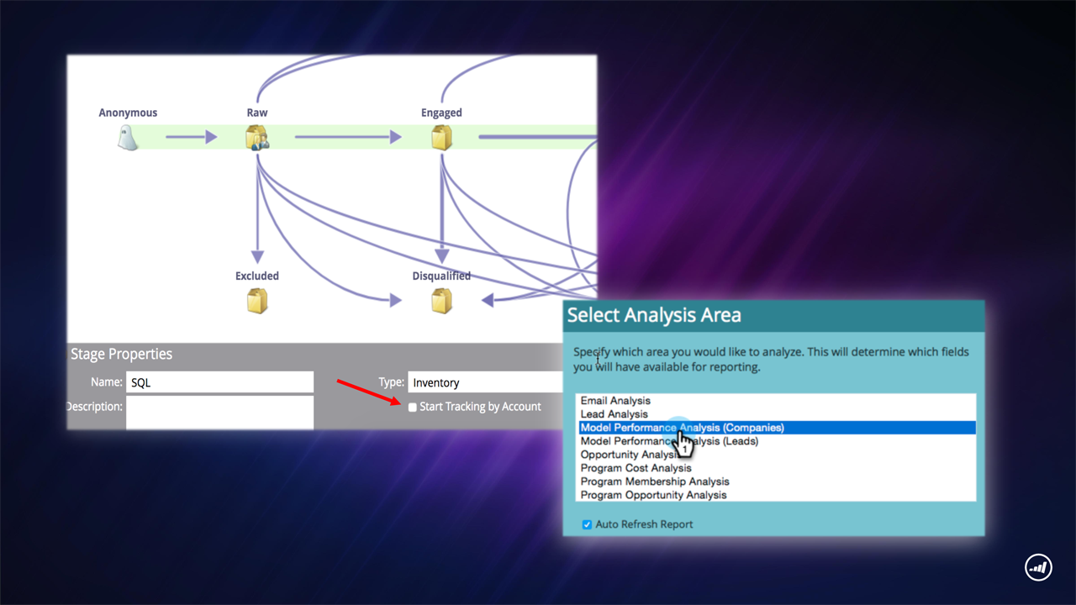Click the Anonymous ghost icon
click(x=128, y=138)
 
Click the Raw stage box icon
click(x=257, y=138)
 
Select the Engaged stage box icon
click(x=441, y=138)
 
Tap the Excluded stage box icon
click(x=257, y=301)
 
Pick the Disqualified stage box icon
click(x=441, y=301)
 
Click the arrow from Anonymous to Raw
click(x=191, y=137)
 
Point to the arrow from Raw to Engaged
click(x=348, y=137)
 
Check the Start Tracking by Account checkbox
click(x=412, y=408)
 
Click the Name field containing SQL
click(x=219, y=382)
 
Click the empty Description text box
click(x=219, y=413)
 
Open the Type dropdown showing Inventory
click(x=485, y=382)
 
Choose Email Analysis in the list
click(x=615, y=401)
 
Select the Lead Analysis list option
click(x=614, y=414)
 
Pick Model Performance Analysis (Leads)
click(x=669, y=441)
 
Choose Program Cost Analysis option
click(x=636, y=468)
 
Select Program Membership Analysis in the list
click(x=655, y=481)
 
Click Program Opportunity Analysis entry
click(x=653, y=495)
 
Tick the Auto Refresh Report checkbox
click(x=587, y=524)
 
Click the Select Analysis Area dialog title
click(x=654, y=315)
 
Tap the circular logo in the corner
click(x=1038, y=567)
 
